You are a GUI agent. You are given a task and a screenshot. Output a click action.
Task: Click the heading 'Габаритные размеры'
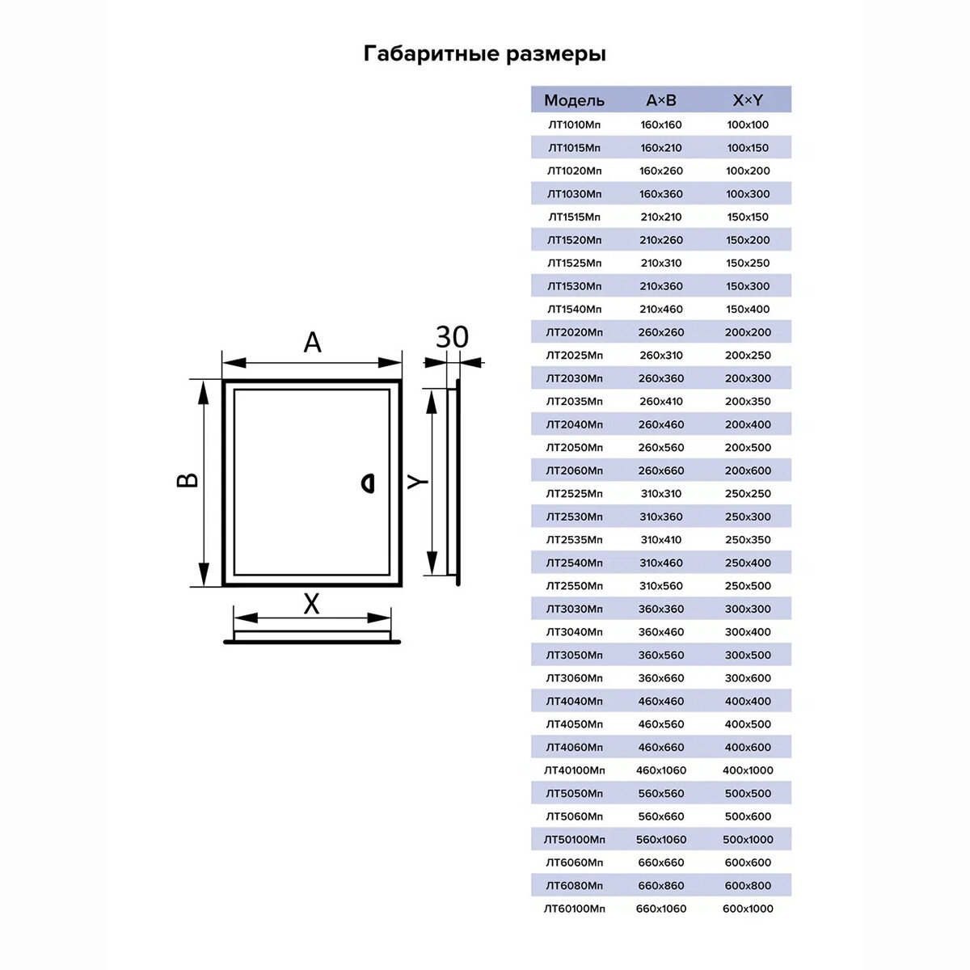(485, 54)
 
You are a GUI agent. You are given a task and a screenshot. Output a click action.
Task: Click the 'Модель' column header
(574, 100)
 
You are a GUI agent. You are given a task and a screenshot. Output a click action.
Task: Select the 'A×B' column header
(661, 100)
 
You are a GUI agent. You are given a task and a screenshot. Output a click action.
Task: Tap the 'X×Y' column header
(748, 100)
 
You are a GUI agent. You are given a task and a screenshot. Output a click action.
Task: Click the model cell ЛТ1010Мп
(574, 124)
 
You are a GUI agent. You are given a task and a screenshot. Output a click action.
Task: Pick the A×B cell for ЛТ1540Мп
(661, 309)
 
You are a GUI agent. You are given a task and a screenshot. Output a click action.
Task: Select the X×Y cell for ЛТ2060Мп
(748, 470)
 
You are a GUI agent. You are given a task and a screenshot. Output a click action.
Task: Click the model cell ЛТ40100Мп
(574, 770)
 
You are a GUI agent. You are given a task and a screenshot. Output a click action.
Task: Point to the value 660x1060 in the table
(661, 909)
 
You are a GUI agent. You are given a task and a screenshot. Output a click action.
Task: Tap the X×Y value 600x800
(748, 885)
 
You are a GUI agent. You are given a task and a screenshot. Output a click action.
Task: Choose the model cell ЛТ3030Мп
(574, 609)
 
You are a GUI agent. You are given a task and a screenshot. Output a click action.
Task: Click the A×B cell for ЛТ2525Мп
(661, 493)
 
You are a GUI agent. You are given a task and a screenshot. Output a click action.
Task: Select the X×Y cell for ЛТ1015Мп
(748, 148)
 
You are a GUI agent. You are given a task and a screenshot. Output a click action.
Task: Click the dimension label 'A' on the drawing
(312, 343)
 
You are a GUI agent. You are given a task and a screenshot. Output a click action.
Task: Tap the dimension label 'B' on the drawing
(188, 479)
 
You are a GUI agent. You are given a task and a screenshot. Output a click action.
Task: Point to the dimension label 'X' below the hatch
(311, 604)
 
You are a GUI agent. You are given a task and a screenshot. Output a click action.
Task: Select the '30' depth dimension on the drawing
(452, 337)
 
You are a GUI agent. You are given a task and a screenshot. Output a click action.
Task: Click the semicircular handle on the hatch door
(367, 483)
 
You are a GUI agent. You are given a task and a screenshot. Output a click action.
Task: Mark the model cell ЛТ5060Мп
(574, 816)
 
